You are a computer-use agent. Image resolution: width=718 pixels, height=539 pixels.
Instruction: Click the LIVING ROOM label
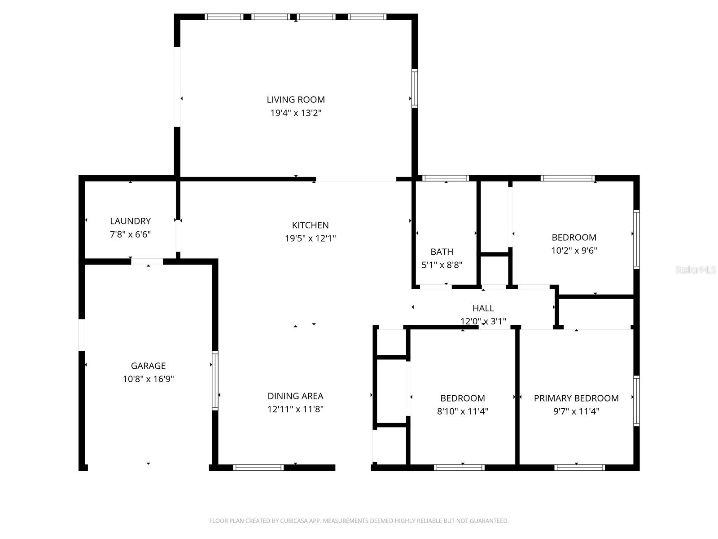coord(295,100)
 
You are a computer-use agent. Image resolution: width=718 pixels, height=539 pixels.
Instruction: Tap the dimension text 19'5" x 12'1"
coord(310,239)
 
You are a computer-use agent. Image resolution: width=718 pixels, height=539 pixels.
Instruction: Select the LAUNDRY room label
coord(130,221)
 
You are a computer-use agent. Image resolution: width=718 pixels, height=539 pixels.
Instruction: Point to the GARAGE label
coord(148,366)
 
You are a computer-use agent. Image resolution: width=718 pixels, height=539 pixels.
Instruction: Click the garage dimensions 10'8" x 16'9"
coord(148,379)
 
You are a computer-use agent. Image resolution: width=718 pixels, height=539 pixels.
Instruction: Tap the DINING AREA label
coord(295,396)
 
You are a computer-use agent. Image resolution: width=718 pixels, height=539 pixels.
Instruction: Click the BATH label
coord(442,252)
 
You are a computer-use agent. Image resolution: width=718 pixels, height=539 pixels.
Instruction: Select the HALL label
coord(483,308)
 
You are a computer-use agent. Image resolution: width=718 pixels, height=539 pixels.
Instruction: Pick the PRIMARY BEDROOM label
coord(576,398)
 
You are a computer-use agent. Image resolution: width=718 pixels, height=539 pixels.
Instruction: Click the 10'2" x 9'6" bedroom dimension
coord(574,251)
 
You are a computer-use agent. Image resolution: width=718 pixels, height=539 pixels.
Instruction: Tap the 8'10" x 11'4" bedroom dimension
coord(462,411)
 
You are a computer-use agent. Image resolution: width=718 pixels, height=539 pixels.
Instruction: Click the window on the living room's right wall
coord(415,88)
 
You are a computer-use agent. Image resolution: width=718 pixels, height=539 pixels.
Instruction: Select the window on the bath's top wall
coord(446,178)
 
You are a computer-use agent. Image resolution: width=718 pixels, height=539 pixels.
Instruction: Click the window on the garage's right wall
coord(215,380)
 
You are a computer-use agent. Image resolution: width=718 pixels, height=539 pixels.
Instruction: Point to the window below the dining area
coord(258,468)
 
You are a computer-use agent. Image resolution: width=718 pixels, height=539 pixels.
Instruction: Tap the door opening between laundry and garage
coord(147,261)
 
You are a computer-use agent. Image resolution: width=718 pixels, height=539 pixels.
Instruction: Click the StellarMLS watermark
coord(695,270)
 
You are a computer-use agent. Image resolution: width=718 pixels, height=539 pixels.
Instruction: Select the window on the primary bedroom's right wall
coord(636,401)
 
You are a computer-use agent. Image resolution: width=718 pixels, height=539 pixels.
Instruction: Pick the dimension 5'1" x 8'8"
coord(442,265)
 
